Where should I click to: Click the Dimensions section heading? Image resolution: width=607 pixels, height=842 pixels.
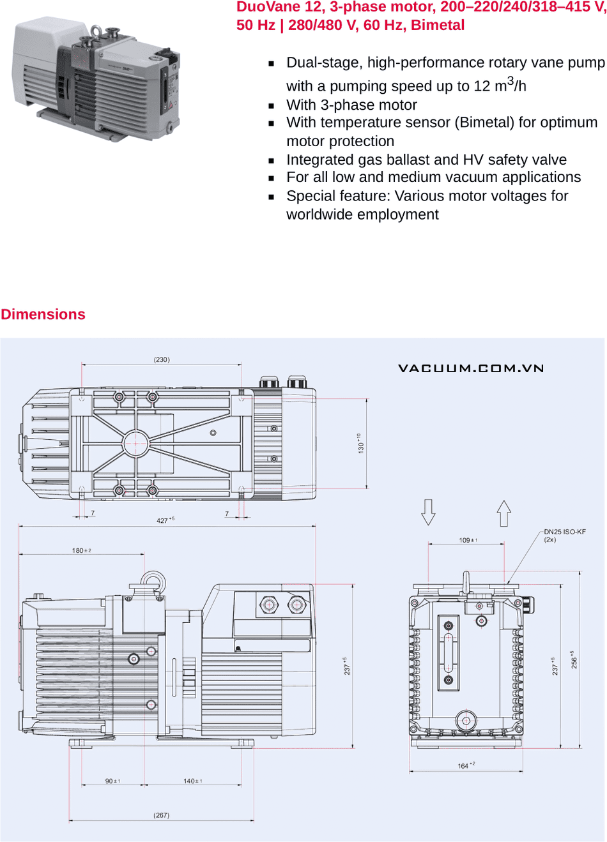click(x=43, y=314)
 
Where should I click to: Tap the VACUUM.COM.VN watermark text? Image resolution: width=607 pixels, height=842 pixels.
click(x=471, y=368)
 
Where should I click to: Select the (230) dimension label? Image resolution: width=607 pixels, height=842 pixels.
click(x=162, y=359)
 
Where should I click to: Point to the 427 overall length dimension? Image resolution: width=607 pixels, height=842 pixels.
click(x=165, y=520)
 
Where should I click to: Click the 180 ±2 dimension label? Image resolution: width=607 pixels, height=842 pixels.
click(x=81, y=550)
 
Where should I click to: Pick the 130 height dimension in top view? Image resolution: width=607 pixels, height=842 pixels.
click(x=360, y=443)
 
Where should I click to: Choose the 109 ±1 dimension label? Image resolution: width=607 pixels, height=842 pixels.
click(x=468, y=540)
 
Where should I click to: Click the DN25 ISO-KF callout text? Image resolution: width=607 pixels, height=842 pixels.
click(x=564, y=532)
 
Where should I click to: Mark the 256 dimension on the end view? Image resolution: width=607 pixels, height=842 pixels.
click(x=574, y=660)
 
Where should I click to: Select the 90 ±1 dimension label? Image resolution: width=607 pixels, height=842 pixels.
click(x=112, y=781)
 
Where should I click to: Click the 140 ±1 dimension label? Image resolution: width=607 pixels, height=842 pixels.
click(x=192, y=781)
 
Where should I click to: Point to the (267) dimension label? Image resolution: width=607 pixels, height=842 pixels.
click(x=162, y=815)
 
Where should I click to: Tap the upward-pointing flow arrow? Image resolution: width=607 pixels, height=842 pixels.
click(x=504, y=513)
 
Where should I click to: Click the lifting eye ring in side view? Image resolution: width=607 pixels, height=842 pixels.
click(x=153, y=582)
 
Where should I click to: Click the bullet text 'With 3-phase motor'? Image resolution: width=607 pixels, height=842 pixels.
click(x=351, y=105)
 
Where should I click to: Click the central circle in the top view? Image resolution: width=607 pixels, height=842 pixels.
click(x=135, y=443)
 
